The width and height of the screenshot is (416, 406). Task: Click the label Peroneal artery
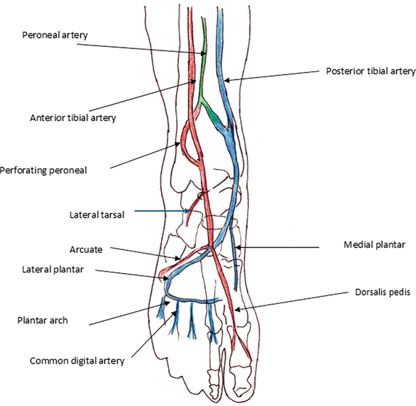coord(55,36)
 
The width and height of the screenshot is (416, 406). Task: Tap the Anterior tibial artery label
coord(72,117)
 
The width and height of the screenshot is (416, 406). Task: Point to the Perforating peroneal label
coord(44,170)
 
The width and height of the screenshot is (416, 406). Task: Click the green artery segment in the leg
coord(203,79)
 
